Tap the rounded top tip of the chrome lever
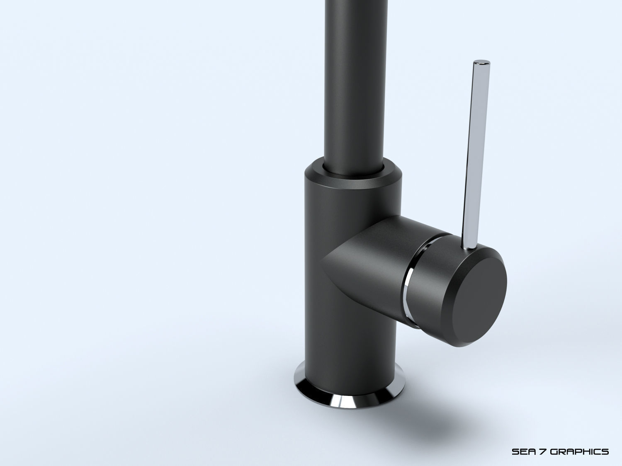(482, 63)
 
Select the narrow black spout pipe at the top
(352, 83)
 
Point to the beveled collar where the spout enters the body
(352, 176)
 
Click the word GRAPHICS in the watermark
(580, 440)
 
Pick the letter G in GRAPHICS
(555, 440)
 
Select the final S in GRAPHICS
(605, 440)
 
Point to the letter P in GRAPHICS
(579, 440)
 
